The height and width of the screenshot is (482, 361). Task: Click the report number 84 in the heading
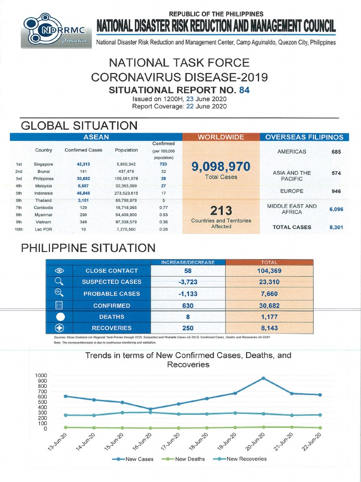tap(244, 90)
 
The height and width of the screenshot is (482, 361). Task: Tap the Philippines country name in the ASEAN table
tap(44, 179)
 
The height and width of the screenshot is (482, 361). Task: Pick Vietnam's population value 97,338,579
tap(126, 222)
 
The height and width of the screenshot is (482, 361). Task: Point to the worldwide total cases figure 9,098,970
tap(221, 166)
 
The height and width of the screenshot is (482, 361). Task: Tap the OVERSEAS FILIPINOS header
tap(304, 137)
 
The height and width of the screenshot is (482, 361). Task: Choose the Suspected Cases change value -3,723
tap(188, 282)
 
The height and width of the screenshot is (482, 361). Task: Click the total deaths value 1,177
tap(267, 317)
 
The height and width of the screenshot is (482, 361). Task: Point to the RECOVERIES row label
tap(111, 328)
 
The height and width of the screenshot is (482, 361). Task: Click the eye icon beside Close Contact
tap(59, 271)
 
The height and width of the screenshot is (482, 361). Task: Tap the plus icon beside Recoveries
tap(59, 328)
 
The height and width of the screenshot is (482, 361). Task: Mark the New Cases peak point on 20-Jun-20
tap(263, 378)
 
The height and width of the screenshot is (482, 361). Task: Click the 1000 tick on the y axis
tap(41, 375)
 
